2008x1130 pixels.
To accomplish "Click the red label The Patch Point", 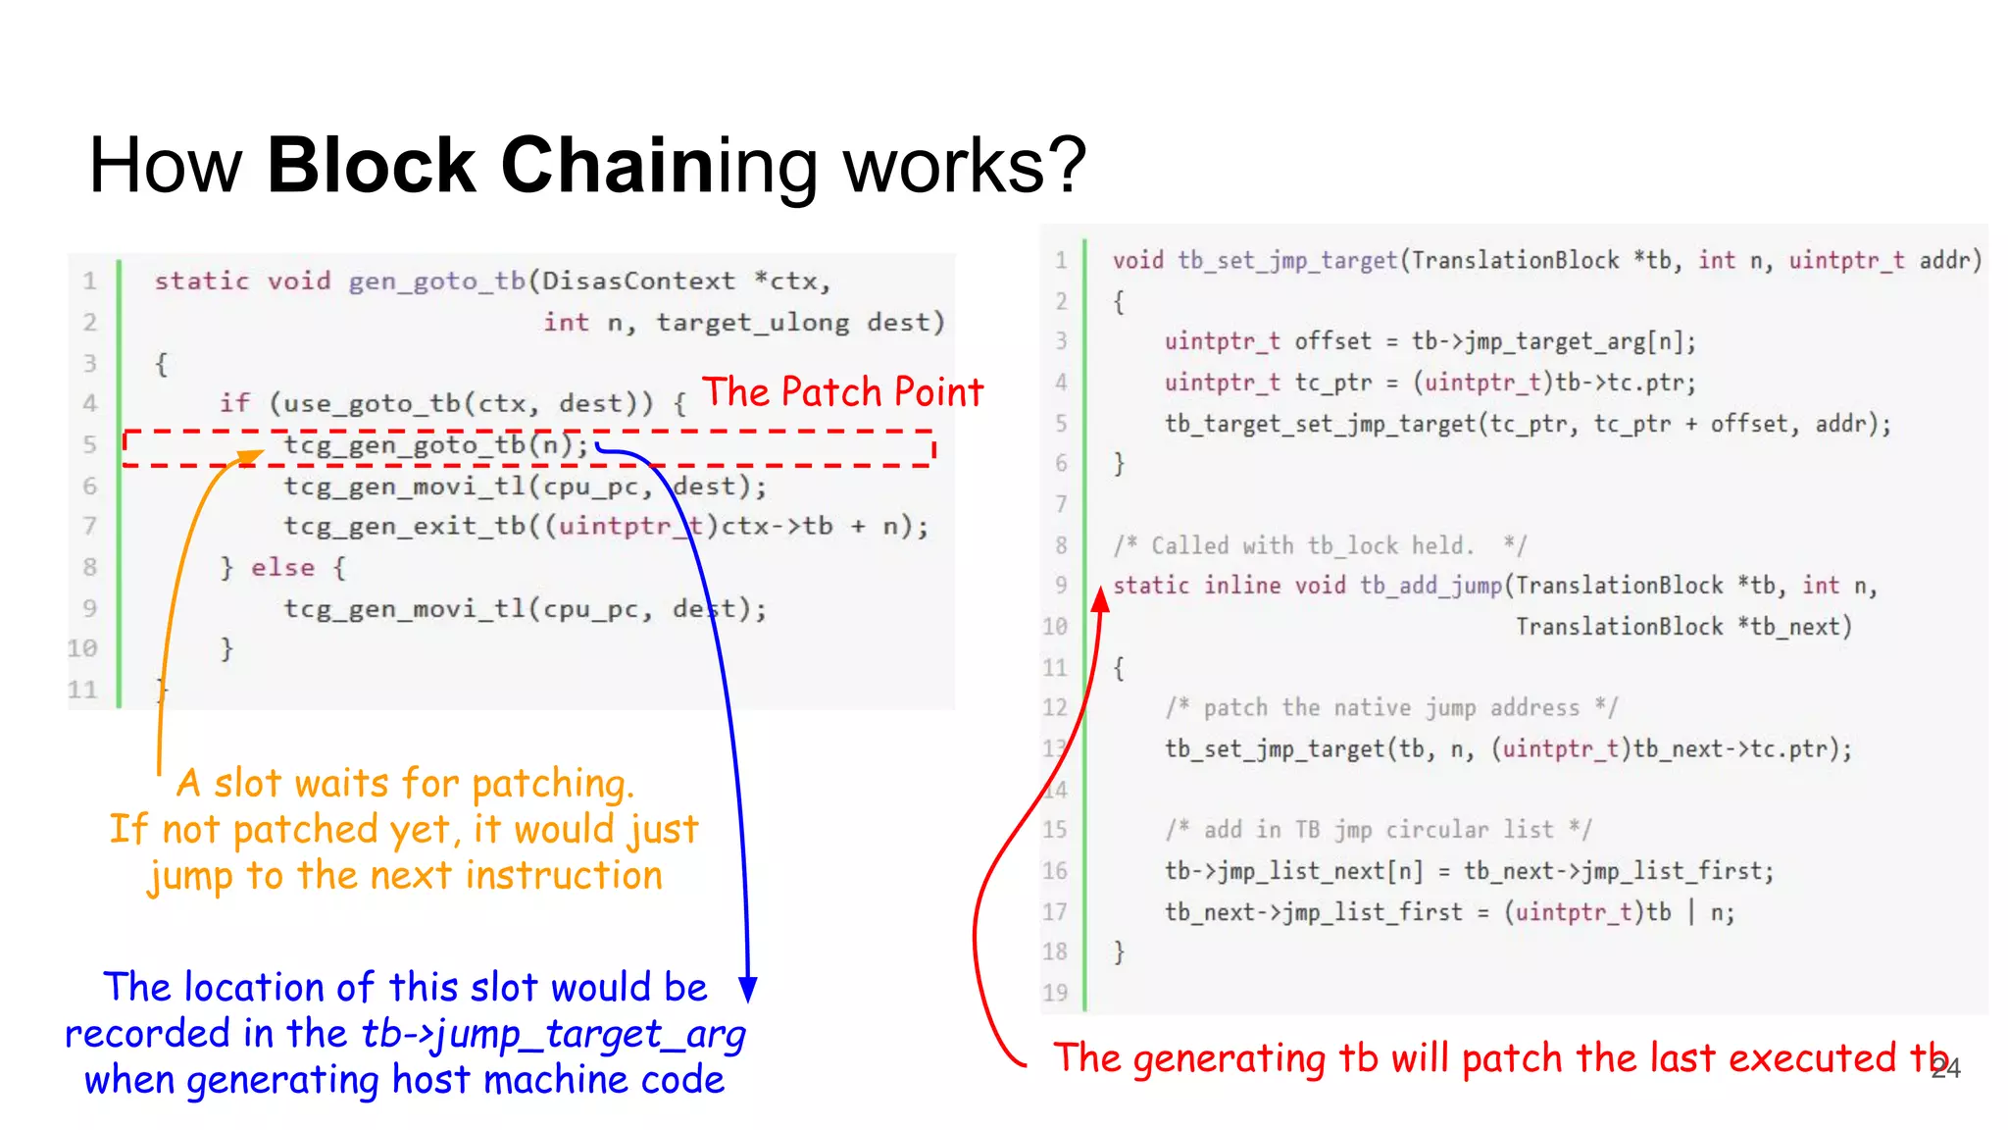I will click(842, 392).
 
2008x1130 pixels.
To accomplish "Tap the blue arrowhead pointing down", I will click(748, 989).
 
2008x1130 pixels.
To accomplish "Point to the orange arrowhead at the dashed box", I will click(252, 455).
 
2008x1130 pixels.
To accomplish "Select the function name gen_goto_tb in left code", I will click(437, 282).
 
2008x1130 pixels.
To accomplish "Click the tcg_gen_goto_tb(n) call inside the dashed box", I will click(436, 445).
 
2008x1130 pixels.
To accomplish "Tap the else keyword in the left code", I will click(282, 568).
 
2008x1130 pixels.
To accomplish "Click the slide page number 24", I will click(1945, 1069).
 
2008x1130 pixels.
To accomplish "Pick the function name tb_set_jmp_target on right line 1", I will click(1286, 261).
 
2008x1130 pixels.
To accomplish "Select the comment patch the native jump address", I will click(1391, 708).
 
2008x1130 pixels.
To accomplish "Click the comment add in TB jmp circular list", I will click(1379, 830).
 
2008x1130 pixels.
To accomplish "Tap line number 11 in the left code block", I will click(83, 691).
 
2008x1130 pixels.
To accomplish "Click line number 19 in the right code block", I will click(1055, 993).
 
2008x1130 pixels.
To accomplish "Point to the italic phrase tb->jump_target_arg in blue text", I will click(553, 1034).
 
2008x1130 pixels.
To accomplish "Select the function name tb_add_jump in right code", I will click(1431, 586).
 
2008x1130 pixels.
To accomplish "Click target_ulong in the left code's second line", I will click(752, 323).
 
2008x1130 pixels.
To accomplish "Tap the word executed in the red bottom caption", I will click(1812, 1059).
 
